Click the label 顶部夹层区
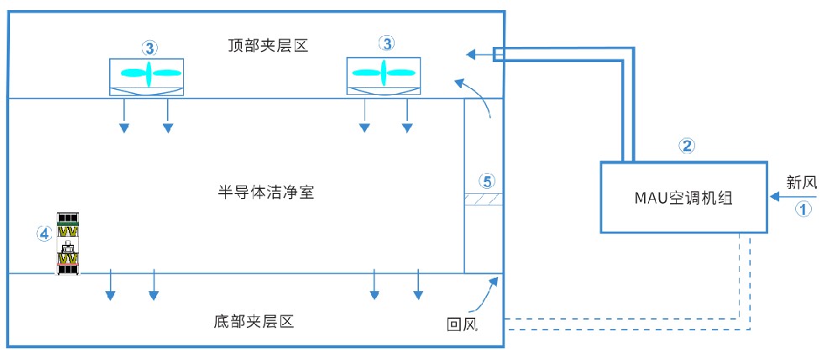click(268, 44)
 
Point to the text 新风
click(802, 182)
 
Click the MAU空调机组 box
click(685, 197)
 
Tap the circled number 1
click(803, 210)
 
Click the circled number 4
click(44, 234)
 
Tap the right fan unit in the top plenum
click(385, 75)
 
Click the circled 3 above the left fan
click(149, 47)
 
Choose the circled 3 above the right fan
click(385, 44)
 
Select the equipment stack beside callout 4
click(68, 243)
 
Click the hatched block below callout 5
click(484, 199)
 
